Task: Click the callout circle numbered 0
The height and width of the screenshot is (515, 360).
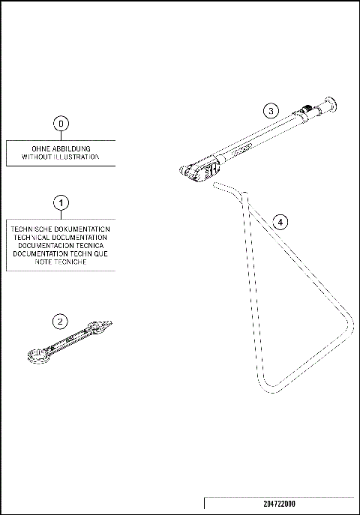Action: [x=62, y=122]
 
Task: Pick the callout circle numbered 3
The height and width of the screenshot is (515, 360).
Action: [x=271, y=110]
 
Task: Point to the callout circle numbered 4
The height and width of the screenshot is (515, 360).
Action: [x=279, y=222]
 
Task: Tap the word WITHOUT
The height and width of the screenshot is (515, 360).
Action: [x=37, y=158]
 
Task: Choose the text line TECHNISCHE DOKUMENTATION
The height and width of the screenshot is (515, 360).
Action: [x=61, y=229]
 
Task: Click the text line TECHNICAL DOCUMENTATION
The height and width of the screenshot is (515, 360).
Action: [x=61, y=237]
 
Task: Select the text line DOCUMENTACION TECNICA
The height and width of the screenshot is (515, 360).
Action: [x=61, y=245]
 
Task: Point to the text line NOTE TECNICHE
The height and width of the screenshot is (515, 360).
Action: [x=61, y=262]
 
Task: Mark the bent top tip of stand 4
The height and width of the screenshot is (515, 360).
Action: [x=217, y=183]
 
